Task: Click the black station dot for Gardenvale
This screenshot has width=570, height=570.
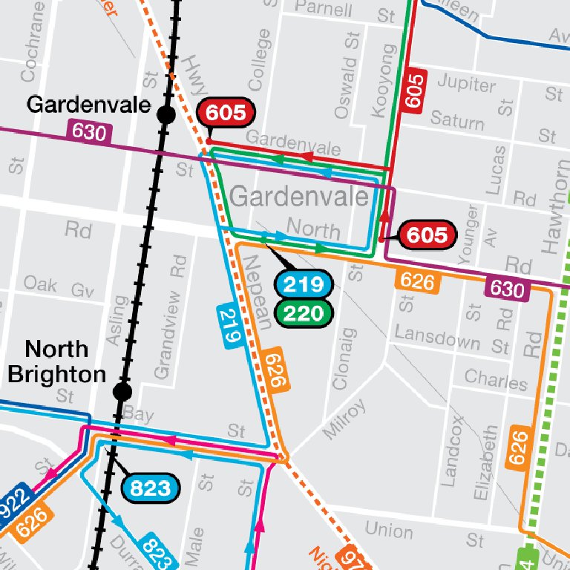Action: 166,114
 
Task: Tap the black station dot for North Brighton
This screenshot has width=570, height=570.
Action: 123,391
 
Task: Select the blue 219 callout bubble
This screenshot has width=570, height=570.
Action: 302,284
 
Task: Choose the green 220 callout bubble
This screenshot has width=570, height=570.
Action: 302,313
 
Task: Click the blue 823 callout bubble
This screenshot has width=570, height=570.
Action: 151,488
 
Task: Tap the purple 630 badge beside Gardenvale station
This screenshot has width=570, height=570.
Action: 89,132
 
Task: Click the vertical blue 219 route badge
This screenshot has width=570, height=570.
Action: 231,325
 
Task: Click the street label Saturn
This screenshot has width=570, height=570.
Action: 457,119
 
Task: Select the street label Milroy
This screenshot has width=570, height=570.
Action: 344,419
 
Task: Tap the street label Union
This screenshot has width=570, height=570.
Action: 389,530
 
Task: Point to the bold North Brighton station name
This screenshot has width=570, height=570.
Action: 56,361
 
